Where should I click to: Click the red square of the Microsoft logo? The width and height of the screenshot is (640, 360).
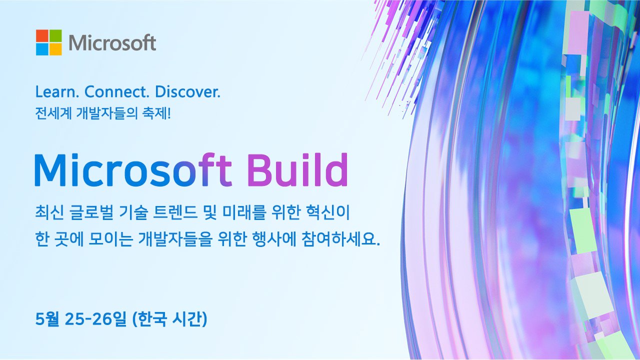point(42,35)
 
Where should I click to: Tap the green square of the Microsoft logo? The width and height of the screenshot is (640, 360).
point(55,35)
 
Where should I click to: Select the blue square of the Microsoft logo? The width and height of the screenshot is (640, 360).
point(42,49)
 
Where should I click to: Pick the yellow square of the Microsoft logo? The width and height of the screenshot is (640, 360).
point(55,49)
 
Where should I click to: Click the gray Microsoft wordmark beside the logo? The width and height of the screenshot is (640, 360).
point(112,43)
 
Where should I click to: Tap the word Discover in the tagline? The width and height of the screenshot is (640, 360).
point(187,92)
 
